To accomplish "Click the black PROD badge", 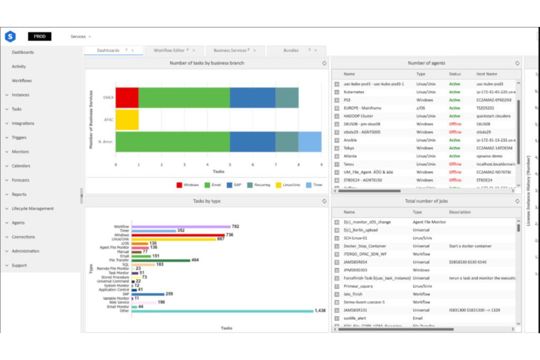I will [x=39, y=36].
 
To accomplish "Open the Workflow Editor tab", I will [x=169, y=50].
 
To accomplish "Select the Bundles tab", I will [x=291, y=50].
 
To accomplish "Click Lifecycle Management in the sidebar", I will [x=32, y=209].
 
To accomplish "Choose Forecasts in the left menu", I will [x=20, y=180].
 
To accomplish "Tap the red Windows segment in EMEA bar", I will [x=127, y=98].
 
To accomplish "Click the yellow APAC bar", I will [x=127, y=120].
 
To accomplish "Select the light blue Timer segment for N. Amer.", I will [x=310, y=142].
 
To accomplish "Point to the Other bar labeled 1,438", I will [x=223, y=311].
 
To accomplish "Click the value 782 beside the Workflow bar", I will [x=235, y=227].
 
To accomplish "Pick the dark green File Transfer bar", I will [x=161, y=260].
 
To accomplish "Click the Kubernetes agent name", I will [x=354, y=92].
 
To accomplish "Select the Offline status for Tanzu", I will [x=455, y=164].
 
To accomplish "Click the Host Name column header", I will [x=486, y=74].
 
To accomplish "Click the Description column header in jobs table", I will [x=460, y=212].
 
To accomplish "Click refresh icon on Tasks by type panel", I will [x=324, y=201].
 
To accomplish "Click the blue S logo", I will [x=10, y=36].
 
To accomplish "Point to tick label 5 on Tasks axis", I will [x=230, y=165].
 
